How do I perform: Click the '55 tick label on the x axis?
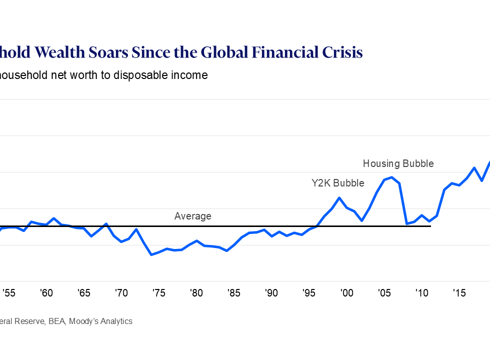[x=8, y=293]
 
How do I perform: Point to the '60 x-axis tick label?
[x=46, y=293]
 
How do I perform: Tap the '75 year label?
[x=158, y=293]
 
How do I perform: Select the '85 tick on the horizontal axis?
[x=233, y=293]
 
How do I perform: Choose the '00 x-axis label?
[x=346, y=293]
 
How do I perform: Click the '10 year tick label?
[x=421, y=293]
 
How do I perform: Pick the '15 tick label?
[x=459, y=293]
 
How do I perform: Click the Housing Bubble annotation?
[x=398, y=163]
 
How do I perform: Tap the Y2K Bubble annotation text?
[x=338, y=183]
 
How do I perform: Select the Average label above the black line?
[x=192, y=216]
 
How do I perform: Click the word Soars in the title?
[x=151, y=52]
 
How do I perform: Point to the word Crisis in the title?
[x=341, y=52]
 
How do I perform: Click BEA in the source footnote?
[x=56, y=321]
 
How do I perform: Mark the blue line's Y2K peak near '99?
[x=339, y=197]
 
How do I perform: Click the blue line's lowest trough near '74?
[x=151, y=255]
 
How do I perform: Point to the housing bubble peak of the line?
[x=392, y=177]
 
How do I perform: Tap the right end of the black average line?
[x=430, y=226]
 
